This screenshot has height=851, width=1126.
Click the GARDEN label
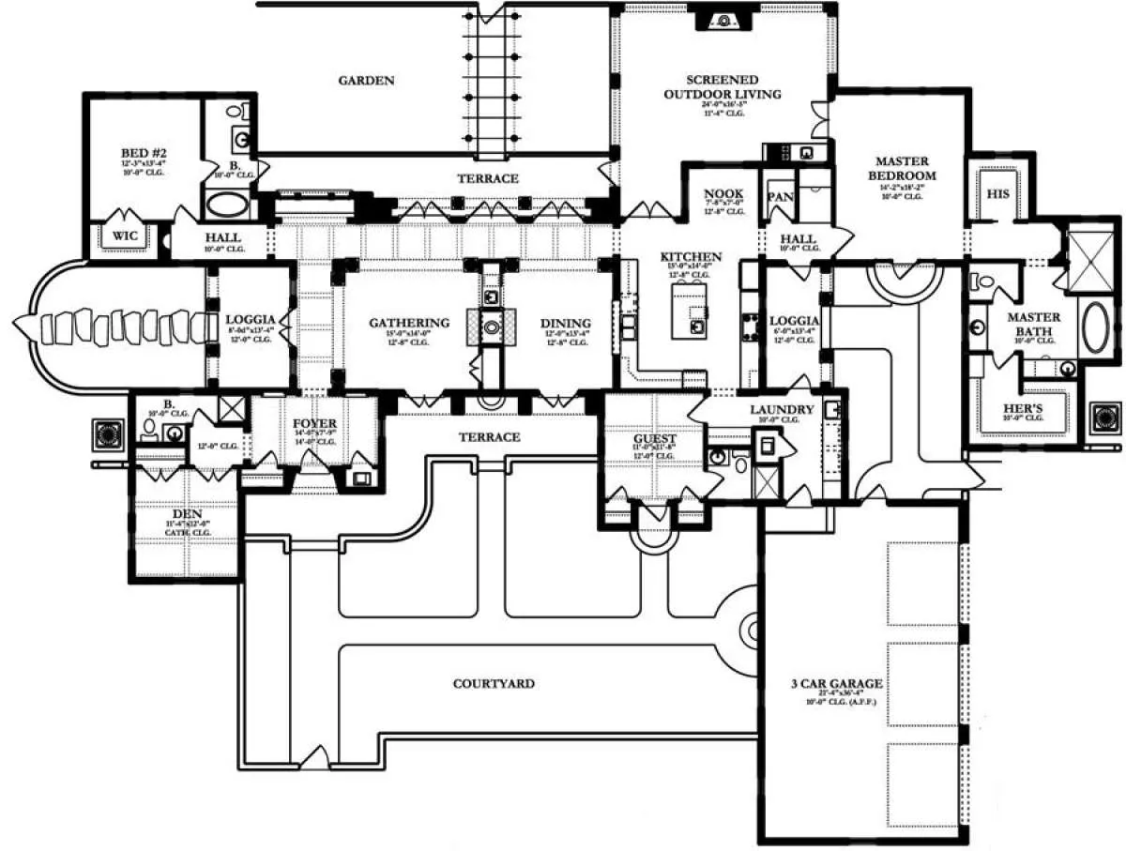click(366, 81)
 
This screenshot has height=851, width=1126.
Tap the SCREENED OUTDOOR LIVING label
click(722, 87)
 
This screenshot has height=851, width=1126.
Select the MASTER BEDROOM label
click(902, 168)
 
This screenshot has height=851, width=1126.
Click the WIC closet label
click(125, 236)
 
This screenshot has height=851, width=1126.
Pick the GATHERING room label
click(408, 324)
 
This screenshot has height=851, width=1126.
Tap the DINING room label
click(565, 324)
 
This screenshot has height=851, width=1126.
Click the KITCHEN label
click(691, 257)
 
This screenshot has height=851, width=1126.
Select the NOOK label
click(723, 195)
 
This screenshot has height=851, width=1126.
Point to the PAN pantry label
click(780, 197)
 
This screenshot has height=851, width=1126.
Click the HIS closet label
click(997, 193)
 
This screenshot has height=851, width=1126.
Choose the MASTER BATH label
click(1033, 324)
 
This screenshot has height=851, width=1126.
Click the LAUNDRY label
click(781, 410)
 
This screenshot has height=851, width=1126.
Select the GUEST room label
click(654, 438)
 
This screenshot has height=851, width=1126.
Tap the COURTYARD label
click(494, 684)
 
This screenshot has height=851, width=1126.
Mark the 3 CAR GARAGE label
click(836, 684)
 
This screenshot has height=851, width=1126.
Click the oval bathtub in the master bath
click(1095, 326)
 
